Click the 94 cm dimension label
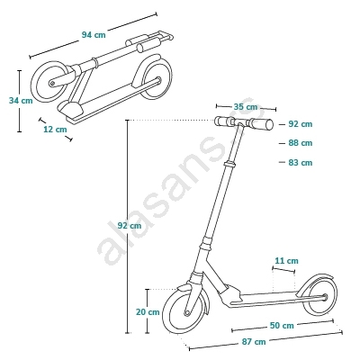pos(94,35)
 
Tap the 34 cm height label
pos(21,101)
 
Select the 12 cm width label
pos(55,130)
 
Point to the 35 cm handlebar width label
pos(246,107)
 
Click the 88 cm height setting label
pos(301,143)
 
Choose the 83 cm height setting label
pos(301,163)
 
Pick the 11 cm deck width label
pos(287,261)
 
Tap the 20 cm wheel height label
pos(148,312)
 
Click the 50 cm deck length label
pos(282,325)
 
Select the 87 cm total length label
pos(254,342)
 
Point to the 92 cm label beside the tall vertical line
pos(129,226)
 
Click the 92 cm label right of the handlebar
pos(301,124)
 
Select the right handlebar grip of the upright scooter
pos(261,124)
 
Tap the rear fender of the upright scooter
pos(315,277)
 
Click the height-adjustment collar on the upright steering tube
pos(230,164)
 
